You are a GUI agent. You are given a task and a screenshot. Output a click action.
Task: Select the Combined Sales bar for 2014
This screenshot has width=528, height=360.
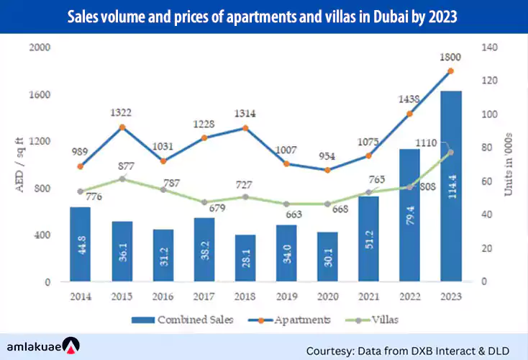click(80, 245)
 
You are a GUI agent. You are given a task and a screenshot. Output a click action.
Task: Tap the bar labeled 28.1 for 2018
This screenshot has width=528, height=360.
click(245, 258)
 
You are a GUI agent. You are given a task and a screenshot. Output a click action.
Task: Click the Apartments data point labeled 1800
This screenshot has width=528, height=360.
click(450, 71)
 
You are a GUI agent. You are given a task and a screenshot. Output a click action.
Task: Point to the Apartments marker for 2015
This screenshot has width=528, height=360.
click(123, 127)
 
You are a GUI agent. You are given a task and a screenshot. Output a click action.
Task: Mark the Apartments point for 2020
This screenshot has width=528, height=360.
click(327, 170)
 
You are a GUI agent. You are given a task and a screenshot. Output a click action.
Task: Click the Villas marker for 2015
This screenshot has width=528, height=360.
click(122, 179)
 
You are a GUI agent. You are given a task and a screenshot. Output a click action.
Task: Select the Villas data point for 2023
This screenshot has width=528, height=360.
click(450, 153)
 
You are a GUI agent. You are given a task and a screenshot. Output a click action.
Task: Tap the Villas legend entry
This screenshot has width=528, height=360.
click(381, 319)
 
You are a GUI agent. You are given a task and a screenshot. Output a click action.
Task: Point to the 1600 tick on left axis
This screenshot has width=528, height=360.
click(40, 94)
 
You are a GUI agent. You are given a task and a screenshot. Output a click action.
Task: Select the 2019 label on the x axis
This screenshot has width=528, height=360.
click(286, 295)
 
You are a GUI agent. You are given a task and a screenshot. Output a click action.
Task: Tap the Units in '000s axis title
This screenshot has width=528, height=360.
click(508, 165)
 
